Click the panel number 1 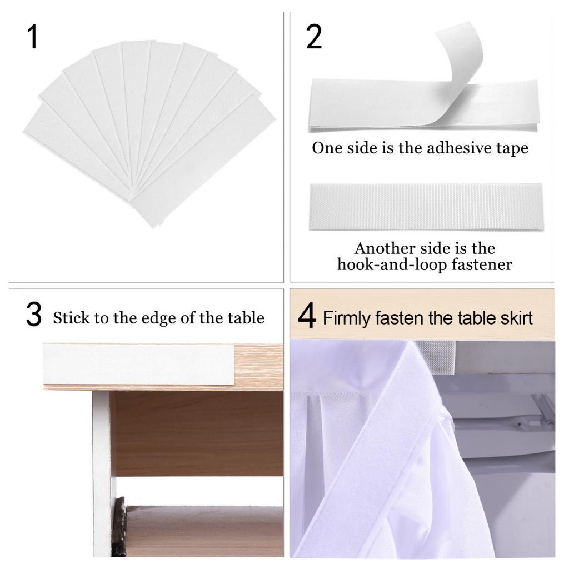click(32, 37)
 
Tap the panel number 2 click(314, 37)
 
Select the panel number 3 click(34, 315)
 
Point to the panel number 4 click(307, 316)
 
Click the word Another click(385, 248)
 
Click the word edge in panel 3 click(159, 318)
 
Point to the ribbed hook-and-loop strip click(426, 207)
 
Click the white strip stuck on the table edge click(139, 365)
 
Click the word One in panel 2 click(327, 148)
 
